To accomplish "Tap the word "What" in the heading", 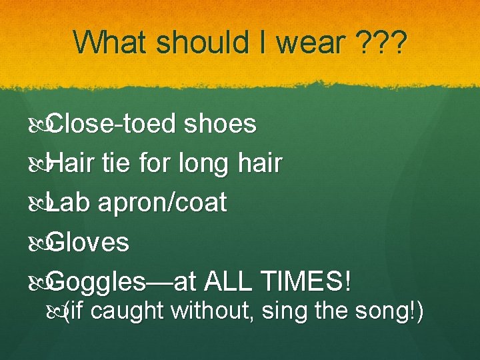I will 111,43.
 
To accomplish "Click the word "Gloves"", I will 89,242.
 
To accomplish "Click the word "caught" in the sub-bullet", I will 130,311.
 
